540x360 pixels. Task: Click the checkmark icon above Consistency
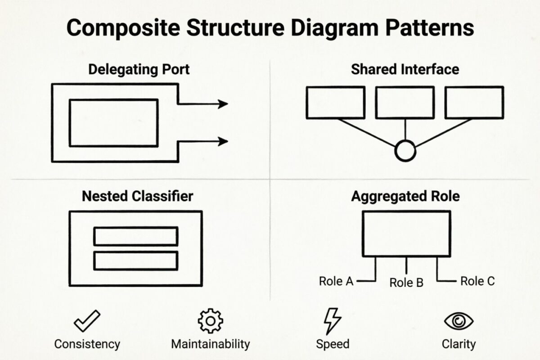pos(87,321)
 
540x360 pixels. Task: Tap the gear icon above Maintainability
pos(210,320)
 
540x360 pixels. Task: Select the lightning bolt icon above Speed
pos(332,320)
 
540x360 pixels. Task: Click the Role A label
pos(336,281)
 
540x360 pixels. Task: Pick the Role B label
pos(406,283)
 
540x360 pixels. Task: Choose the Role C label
pos(477,281)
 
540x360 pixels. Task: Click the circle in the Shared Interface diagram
pos(405,152)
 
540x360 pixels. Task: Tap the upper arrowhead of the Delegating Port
pos(222,104)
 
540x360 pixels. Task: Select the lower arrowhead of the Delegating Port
pos(222,141)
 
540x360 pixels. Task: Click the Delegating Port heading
pos(139,70)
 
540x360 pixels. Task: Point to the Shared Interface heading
pos(405,69)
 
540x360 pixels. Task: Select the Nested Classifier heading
pos(137,197)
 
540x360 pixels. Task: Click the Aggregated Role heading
pos(405,197)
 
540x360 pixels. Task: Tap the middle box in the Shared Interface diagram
pos(405,103)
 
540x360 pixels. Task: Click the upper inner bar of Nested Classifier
pos(135,236)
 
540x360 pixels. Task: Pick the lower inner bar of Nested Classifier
pos(135,261)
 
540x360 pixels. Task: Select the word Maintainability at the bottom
pos(210,344)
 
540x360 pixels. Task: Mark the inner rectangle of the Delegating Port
pos(113,123)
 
